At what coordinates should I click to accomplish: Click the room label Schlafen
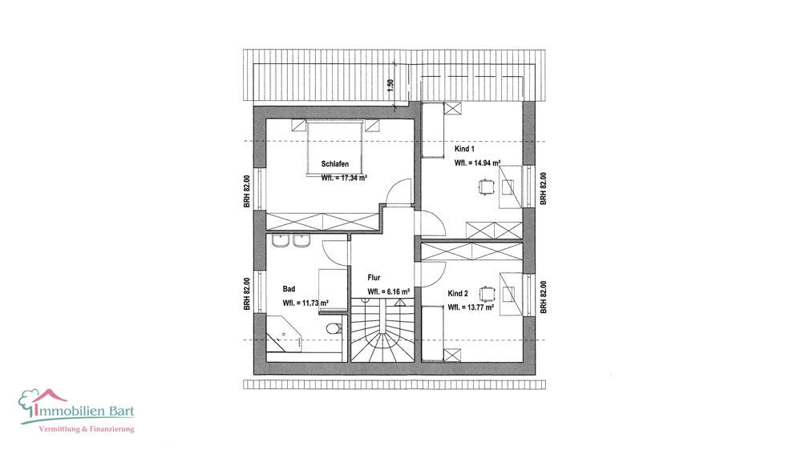(x=335, y=164)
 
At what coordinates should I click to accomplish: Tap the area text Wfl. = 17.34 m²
(x=344, y=178)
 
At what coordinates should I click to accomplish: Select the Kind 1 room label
(x=464, y=149)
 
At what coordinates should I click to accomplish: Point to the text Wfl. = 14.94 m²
(x=477, y=163)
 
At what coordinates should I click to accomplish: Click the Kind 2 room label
(x=458, y=293)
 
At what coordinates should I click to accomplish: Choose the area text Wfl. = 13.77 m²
(x=471, y=307)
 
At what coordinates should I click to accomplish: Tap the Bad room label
(x=289, y=289)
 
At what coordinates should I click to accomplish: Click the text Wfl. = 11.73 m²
(x=305, y=303)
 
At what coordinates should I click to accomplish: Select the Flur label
(x=374, y=278)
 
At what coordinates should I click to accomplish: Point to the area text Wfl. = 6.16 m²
(x=389, y=292)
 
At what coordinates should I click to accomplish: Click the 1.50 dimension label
(x=390, y=85)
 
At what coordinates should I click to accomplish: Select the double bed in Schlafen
(x=335, y=148)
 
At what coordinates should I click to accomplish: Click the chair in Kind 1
(x=487, y=187)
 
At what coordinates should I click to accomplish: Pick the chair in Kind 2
(x=487, y=294)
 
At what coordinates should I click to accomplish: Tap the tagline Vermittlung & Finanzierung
(x=87, y=429)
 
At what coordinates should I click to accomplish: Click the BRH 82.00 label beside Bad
(x=247, y=294)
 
